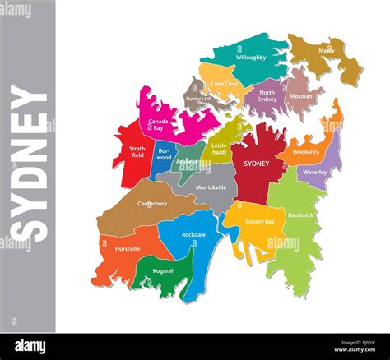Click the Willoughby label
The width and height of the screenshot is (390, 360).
pos(250,58)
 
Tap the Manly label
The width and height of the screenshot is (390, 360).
pos(327,51)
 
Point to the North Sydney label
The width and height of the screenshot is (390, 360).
pos(267,95)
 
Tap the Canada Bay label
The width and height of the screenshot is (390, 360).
pos(159,125)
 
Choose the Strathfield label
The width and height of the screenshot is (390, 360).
pos(138,152)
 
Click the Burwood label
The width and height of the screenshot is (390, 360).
pos(165,154)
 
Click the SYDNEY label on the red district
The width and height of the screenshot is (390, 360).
pos(257,164)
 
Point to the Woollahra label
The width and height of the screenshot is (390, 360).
pos(305,152)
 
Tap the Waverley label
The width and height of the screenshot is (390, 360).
pos(314,173)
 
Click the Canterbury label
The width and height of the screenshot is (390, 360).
pos(151,203)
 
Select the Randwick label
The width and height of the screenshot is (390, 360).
pos(301,215)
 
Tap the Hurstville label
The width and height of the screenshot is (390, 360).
pos(128,248)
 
